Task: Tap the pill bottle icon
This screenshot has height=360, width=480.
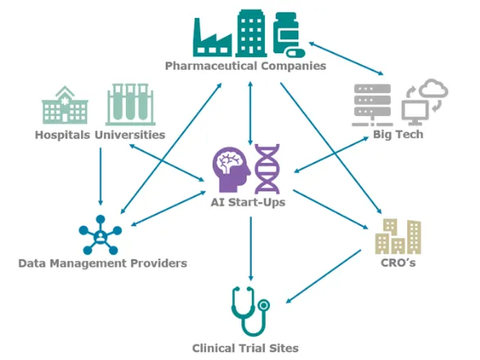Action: pos(289,34)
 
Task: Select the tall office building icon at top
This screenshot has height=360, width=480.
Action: pos(251,34)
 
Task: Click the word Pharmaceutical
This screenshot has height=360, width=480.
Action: pos(211,66)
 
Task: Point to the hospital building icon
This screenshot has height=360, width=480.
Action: pos(65,105)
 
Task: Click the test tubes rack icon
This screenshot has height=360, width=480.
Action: pos(130,105)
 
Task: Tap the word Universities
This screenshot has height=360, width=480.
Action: pos(130,135)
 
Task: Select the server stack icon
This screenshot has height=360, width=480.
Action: pos(372,105)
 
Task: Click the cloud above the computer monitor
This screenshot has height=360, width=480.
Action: pos(433,88)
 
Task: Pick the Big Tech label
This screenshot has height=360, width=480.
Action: pos(398,134)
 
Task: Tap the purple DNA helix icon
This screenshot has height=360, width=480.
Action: pos(267,169)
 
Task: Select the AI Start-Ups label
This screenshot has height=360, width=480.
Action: pos(248,202)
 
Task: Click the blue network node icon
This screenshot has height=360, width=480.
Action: pos(101,235)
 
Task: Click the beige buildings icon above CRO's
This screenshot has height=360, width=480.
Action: pos(398,236)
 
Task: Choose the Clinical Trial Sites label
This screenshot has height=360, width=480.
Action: pos(245,348)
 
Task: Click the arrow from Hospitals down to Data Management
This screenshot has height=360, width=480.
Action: pos(101,177)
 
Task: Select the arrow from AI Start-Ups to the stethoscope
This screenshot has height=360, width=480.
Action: pos(251,249)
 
